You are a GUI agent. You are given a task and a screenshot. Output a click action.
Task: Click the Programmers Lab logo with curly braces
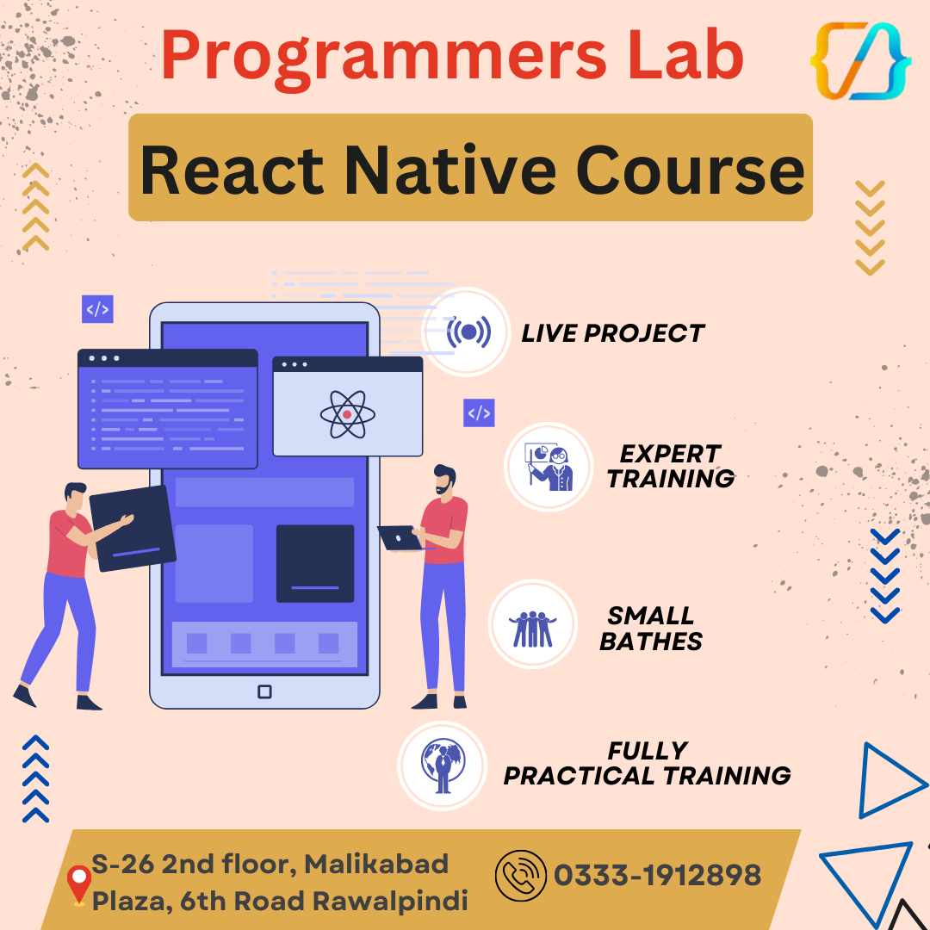point(860,60)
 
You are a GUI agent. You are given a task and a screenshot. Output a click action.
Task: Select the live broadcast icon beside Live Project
point(468,332)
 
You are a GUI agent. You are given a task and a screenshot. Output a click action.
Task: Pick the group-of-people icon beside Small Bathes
point(532,627)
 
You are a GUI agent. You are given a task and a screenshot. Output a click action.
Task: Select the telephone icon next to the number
point(520,876)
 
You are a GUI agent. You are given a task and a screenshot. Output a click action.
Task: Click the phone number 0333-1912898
point(658,876)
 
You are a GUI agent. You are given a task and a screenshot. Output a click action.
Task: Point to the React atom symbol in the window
point(347,414)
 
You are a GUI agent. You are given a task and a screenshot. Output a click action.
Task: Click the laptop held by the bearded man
point(400,538)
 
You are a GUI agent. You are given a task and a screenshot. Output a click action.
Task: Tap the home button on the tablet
point(264,691)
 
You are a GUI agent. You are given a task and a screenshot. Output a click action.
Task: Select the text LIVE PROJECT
point(612,333)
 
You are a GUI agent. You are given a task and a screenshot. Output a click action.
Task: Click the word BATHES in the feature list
point(651,642)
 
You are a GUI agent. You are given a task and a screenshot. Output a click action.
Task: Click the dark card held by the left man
point(133,528)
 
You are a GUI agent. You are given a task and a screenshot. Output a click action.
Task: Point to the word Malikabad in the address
point(376,863)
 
